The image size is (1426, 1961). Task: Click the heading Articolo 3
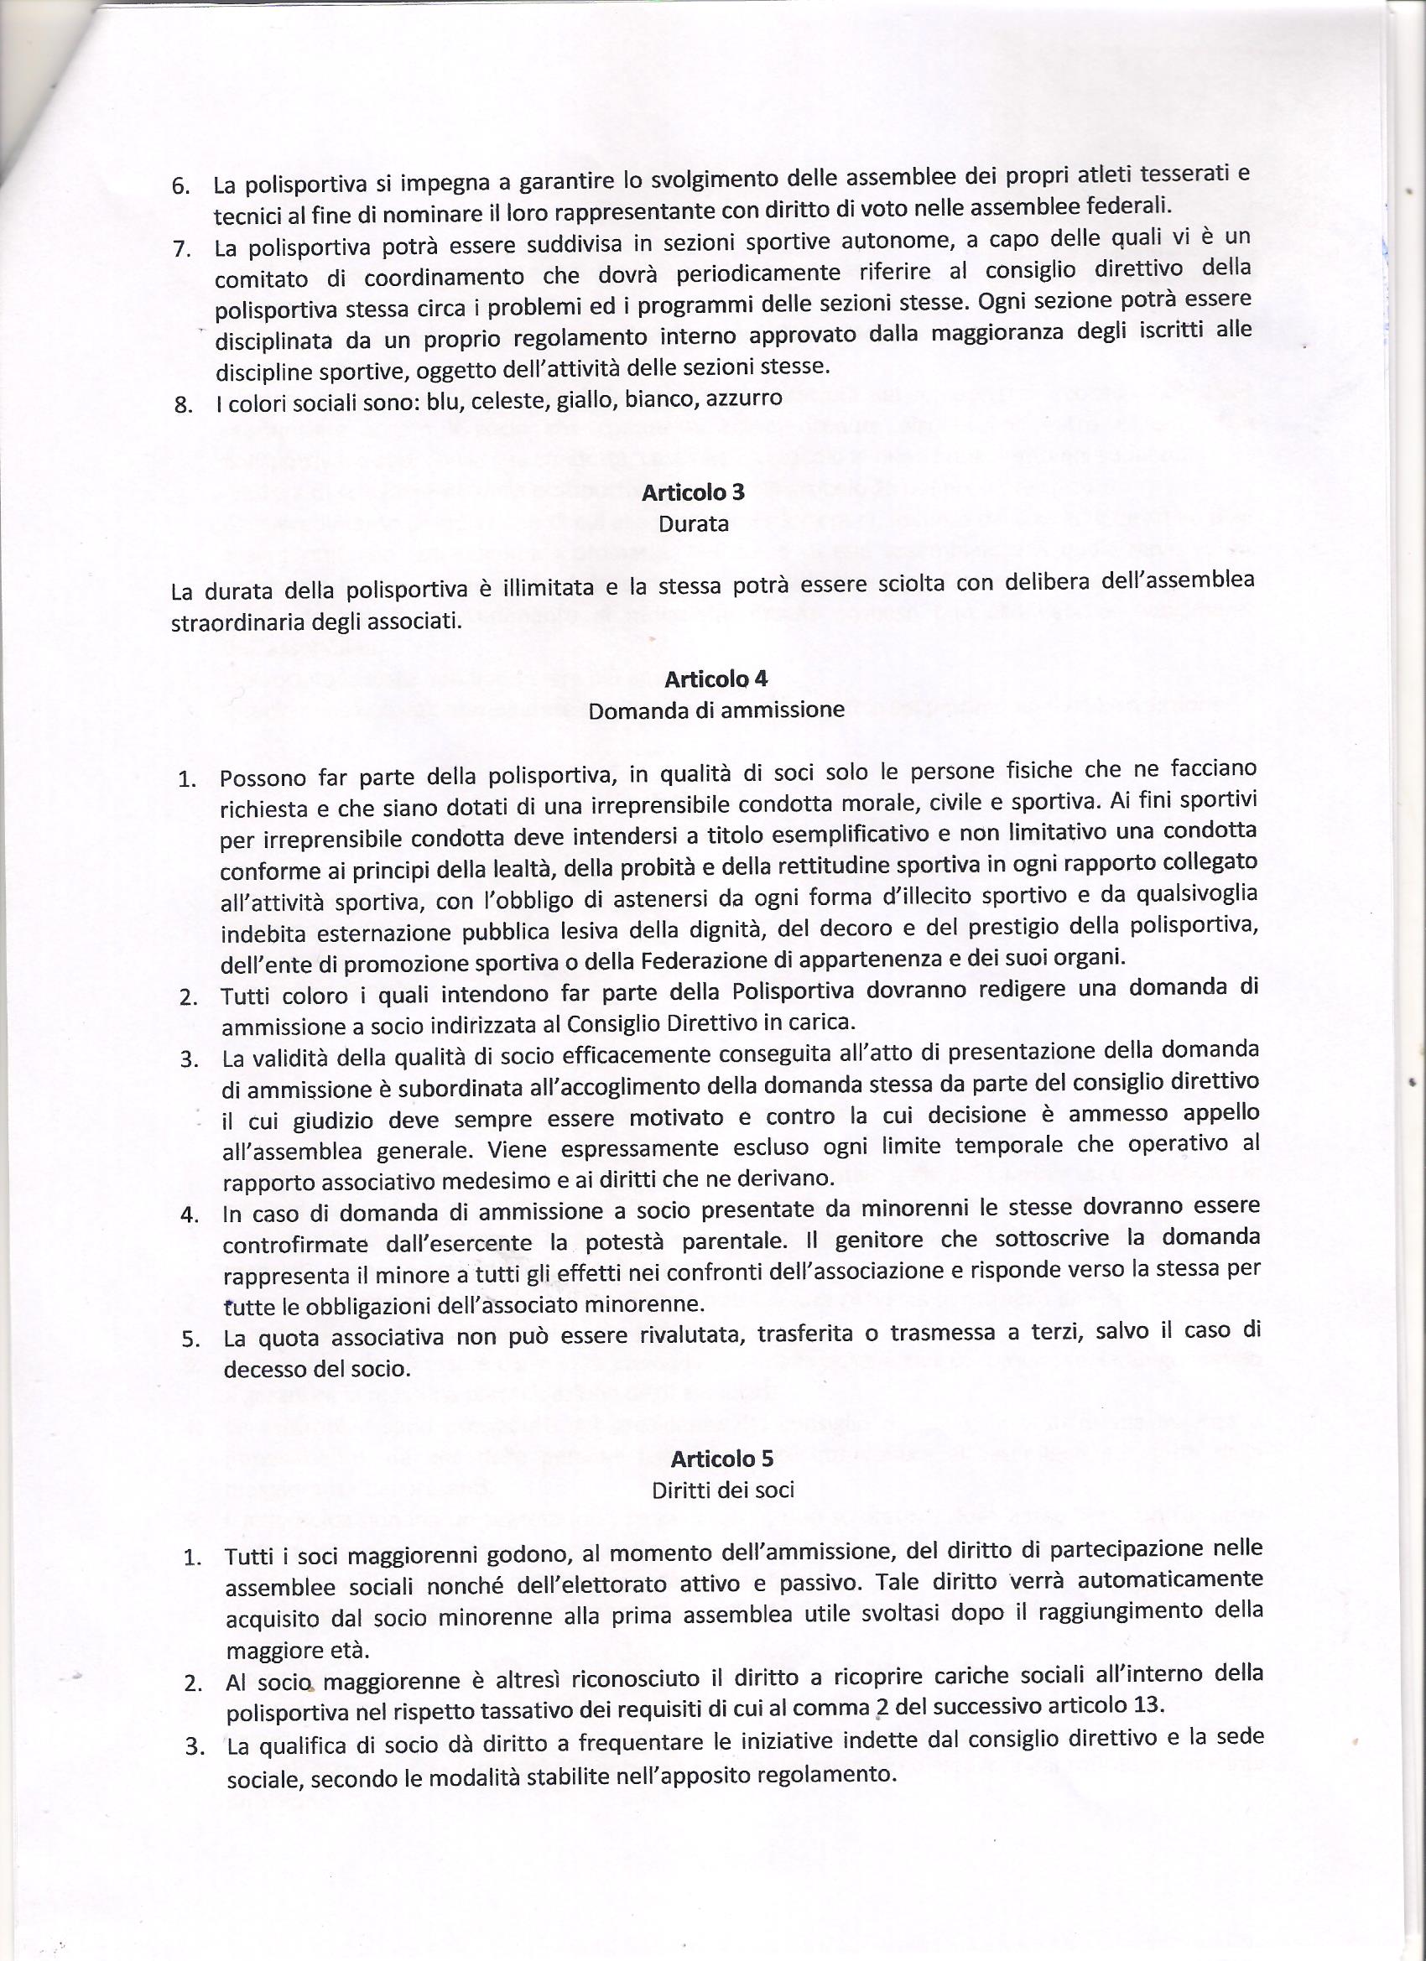point(693,494)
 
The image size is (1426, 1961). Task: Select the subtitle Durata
point(693,524)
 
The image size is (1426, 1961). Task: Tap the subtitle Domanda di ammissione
point(716,710)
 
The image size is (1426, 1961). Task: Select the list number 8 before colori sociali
point(183,405)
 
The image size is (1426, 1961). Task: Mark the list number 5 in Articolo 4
point(191,1340)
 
